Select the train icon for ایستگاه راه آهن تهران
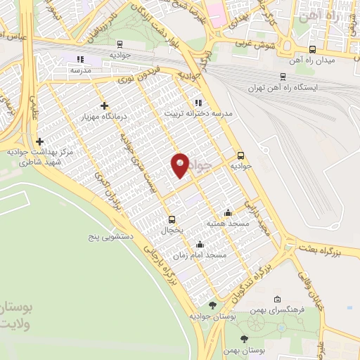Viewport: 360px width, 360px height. pyautogui.click(x=283, y=76)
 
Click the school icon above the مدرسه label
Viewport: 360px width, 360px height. pyautogui.click(x=80, y=59)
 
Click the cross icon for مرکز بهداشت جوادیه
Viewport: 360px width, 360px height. pyautogui.click(x=40, y=141)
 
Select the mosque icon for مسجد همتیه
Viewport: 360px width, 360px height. pyautogui.click(x=227, y=212)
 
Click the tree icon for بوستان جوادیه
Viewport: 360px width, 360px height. pyautogui.click(x=213, y=305)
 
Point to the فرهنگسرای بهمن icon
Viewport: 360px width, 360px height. pyautogui.click(x=277, y=299)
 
